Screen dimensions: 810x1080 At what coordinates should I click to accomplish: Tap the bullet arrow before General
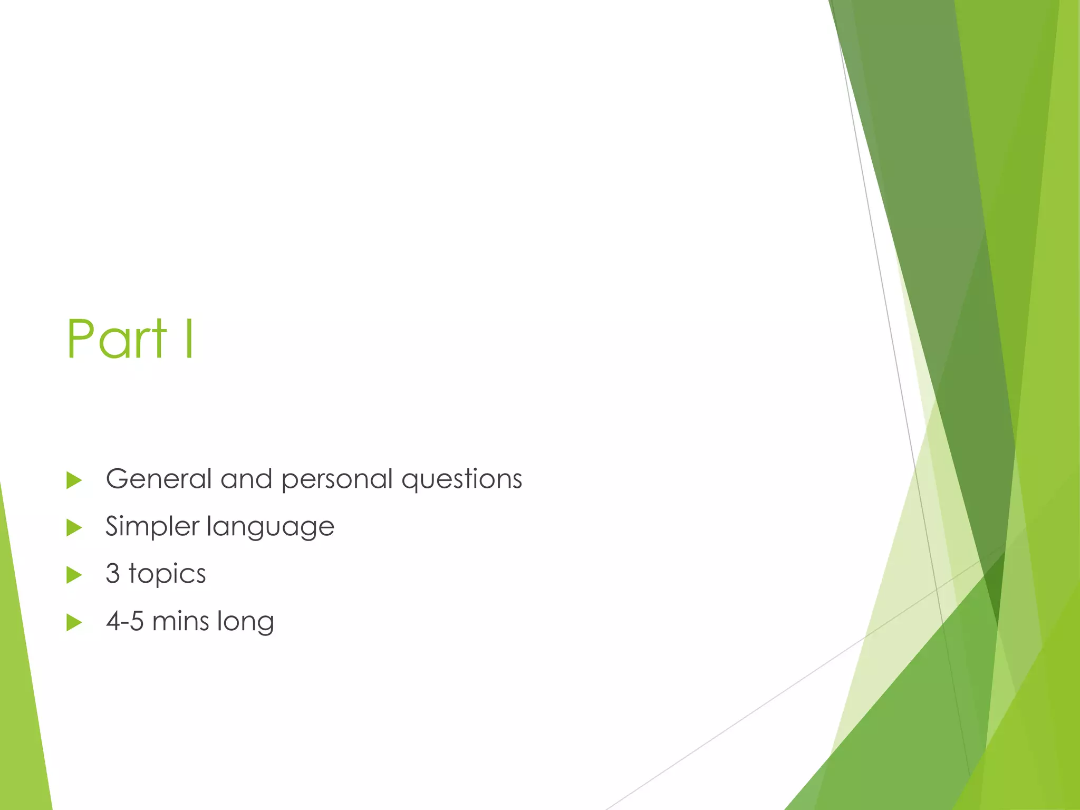click(74, 480)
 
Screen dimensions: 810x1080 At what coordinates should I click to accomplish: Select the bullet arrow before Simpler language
click(74, 528)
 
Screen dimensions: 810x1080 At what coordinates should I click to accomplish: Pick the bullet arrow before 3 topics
click(74, 575)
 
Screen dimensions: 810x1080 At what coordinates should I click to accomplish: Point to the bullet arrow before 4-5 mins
click(74, 623)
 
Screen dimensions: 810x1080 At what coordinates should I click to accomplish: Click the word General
click(159, 479)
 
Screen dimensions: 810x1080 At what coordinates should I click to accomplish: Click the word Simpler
click(152, 527)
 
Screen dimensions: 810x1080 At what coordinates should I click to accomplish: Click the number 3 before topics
click(113, 574)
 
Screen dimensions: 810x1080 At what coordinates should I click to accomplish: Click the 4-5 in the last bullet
click(125, 621)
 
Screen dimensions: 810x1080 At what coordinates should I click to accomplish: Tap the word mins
click(180, 621)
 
